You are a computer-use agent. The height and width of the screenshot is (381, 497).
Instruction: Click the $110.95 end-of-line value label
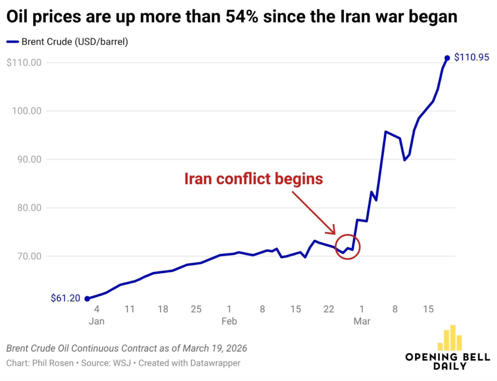(471, 57)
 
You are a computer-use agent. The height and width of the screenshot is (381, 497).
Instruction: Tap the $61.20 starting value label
(65, 298)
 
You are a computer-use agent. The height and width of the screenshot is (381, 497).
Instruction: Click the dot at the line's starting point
(87, 299)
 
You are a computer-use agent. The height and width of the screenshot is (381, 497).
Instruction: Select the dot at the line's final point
(447, 58)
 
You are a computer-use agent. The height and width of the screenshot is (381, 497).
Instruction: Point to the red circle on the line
(348, 247)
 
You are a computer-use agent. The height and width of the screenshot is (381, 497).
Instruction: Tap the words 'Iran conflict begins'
(253, 179)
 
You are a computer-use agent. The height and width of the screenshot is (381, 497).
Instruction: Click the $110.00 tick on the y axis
(24, 63)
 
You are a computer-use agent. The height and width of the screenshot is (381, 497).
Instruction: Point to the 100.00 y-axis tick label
(26, 111)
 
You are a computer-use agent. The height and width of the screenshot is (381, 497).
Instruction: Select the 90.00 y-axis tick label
(29, 159)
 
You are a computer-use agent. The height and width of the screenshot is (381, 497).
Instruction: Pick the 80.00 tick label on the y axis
(29, 208)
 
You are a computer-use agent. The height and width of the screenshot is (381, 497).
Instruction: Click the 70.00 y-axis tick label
(29, 256)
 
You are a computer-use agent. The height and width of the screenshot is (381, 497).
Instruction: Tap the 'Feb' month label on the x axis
(229, 321)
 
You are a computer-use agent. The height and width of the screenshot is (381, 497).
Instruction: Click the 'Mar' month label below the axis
(362, 321)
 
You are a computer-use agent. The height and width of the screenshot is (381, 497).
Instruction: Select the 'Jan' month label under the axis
(96, 321)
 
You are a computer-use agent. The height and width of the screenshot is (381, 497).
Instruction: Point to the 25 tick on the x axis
(196, 309)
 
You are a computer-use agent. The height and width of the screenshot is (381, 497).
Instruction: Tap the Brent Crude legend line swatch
(13, 42)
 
